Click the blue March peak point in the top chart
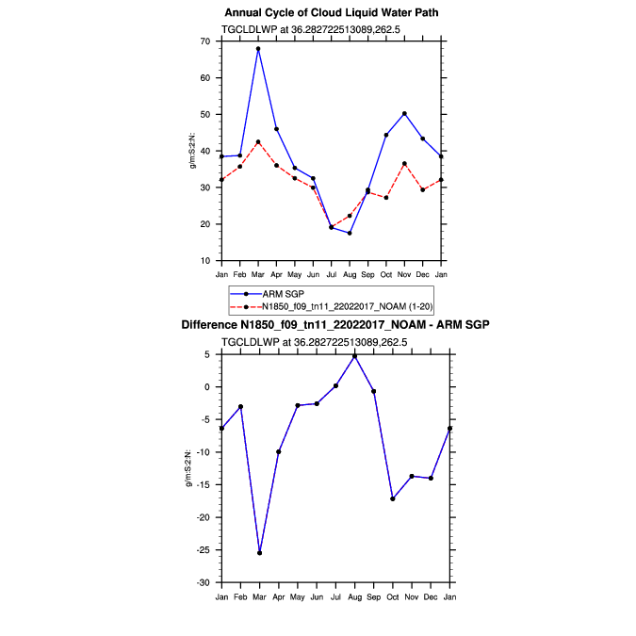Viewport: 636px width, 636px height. (258, 49)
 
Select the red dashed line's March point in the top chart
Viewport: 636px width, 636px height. (258, 142)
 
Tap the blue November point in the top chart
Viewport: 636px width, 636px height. (404, 113)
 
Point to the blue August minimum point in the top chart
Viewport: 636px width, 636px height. (350, 233)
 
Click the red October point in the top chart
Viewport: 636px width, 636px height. (386, 198)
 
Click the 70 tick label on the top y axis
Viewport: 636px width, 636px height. (205, 41)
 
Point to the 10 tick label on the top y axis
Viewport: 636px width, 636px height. (205, 261)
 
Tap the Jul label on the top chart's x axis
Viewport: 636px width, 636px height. (332, 274)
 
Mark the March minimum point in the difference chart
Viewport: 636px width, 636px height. (259, 553)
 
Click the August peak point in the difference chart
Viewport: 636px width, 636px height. (354, 355)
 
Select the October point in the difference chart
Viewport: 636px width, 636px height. (392, 498)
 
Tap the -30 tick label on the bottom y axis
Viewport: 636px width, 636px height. (203, 583)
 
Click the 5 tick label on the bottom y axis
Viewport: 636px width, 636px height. (208, 354)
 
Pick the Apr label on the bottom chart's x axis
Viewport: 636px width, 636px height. (278, 596)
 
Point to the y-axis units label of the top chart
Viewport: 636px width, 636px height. (192, 151)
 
